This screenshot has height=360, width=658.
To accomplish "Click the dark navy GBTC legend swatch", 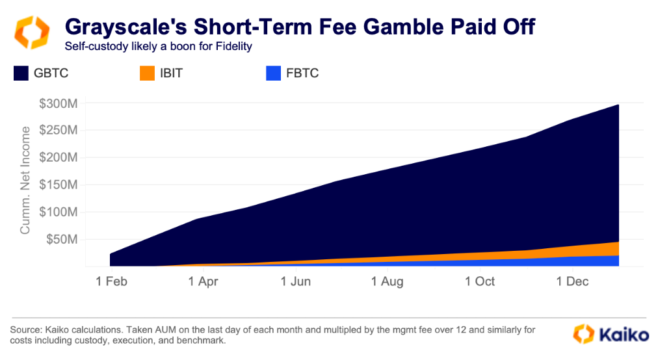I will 21,73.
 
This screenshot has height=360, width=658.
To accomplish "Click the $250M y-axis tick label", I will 60,130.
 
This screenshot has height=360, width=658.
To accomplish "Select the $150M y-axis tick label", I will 60,185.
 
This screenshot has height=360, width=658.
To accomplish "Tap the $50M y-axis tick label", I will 63,239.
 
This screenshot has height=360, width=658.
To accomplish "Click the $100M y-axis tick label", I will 60,212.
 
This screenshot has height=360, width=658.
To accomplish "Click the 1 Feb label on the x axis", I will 111,281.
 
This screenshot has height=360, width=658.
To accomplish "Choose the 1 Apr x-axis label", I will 204,281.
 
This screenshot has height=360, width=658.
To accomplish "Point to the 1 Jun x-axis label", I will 296,281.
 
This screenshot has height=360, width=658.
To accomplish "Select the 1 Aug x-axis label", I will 388,281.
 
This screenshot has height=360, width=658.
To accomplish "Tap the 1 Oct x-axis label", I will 480,281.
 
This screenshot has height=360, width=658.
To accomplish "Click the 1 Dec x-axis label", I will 572,281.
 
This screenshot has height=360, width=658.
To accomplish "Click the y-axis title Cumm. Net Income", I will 25,181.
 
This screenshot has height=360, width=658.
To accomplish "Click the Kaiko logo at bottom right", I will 611,335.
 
